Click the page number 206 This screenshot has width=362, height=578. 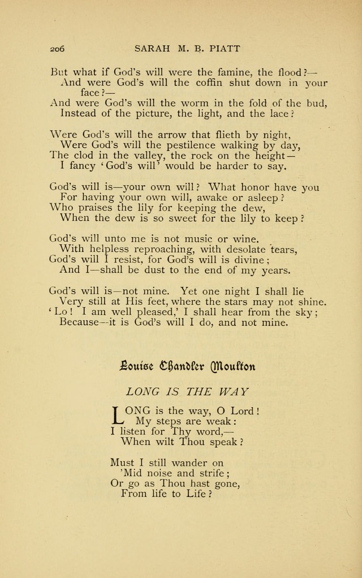(x=57, y=49)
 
